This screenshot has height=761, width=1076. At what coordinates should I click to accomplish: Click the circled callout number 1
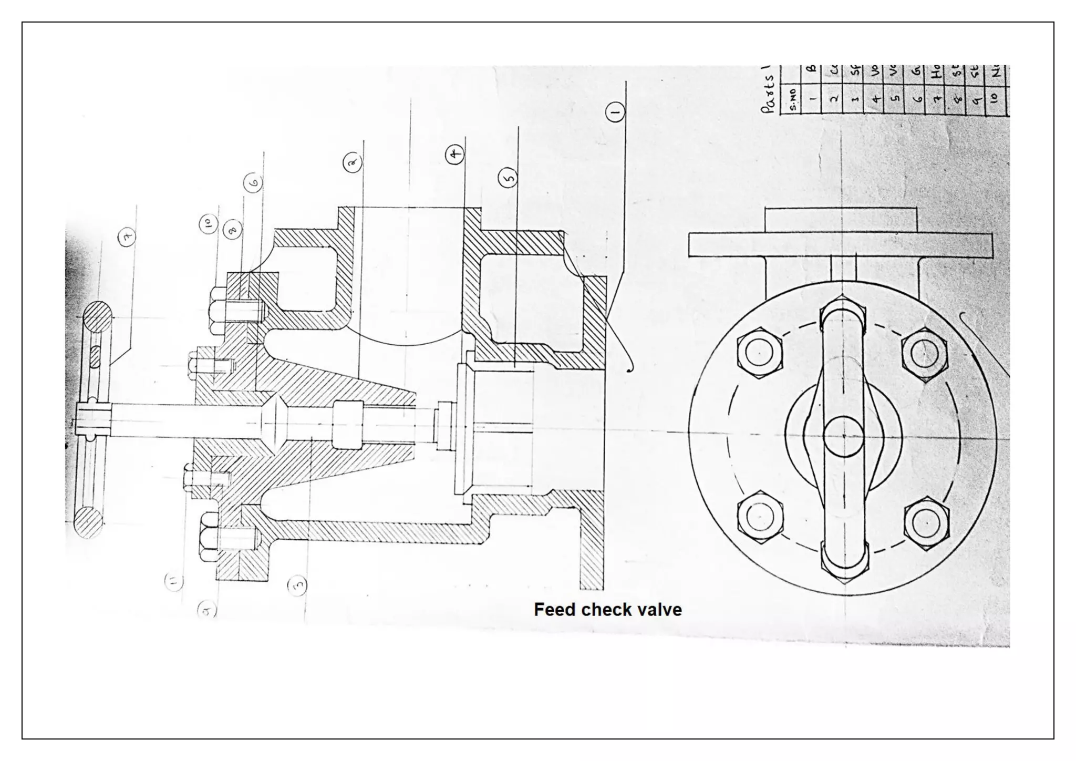pos(615,112)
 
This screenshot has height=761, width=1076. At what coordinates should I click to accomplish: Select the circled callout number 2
pos(353,163)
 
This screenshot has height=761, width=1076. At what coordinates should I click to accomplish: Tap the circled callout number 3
pos(298,584)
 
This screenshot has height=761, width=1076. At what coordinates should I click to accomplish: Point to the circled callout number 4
pos(455,155)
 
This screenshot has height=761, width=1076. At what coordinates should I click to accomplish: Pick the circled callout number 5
pos(508,178)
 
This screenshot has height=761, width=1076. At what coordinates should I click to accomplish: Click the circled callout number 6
pos(253,183)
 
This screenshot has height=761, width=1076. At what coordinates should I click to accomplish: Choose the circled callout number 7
pos(127,237)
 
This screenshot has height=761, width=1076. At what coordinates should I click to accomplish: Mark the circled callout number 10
pos(208,224)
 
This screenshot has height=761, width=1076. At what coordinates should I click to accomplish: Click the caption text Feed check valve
pos(607,610)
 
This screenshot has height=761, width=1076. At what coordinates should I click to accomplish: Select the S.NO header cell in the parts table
pos(793,99)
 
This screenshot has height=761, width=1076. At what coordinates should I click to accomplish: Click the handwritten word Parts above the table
pos(769,92)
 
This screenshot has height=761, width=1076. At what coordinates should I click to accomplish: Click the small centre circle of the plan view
pos(843,436)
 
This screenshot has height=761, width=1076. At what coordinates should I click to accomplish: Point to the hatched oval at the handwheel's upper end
pos(97,317)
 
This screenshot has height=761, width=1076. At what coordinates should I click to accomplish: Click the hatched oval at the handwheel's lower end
pos(88,522)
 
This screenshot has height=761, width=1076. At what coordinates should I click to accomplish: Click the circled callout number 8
pos(232,229)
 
